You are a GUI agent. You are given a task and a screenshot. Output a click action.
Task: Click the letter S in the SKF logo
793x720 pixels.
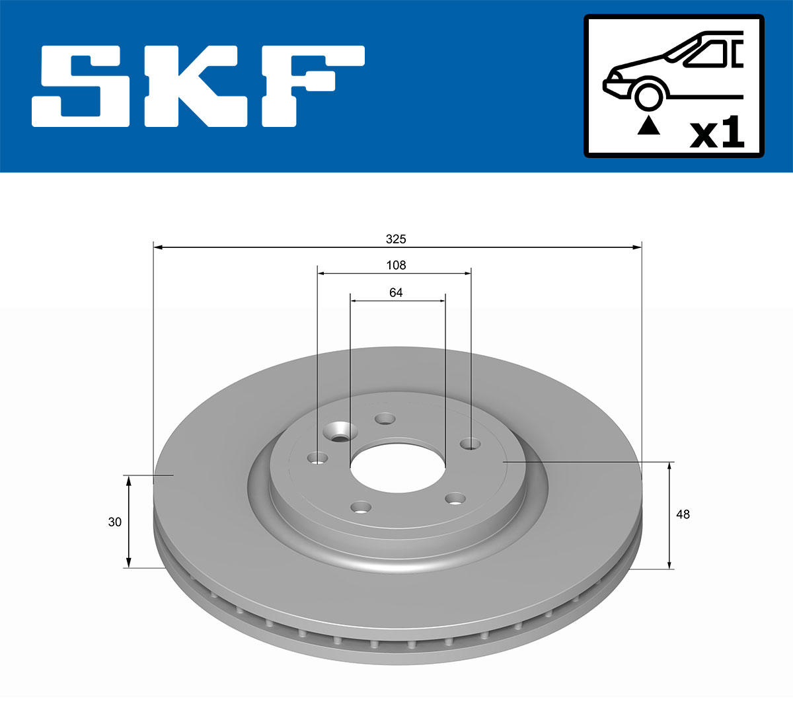[x=83, y=86]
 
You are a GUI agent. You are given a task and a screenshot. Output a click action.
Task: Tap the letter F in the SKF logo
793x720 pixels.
[x=311, y=86]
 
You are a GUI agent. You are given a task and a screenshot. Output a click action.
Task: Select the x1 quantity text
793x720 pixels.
[x=717, y=134]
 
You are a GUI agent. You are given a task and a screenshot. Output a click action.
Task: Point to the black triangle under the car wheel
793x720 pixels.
[x=648, y=125]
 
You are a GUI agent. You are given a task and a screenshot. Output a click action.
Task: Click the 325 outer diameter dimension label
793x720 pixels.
[x=396, y=239]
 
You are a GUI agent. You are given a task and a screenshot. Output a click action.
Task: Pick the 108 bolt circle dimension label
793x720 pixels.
[x=396, y=265]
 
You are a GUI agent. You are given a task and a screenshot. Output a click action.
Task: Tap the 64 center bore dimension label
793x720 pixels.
[x=396, y=292]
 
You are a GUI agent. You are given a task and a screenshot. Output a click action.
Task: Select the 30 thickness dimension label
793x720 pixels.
[x=115, y=522]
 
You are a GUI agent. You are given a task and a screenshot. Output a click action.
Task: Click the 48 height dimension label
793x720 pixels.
[x=683, y=514]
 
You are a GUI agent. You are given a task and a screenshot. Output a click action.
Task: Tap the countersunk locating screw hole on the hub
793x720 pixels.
[x=340, y=434]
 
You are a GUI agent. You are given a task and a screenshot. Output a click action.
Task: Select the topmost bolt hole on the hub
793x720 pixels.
[x=385, y=419]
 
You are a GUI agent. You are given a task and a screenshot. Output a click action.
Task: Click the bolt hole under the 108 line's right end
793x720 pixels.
[x=471, y=444]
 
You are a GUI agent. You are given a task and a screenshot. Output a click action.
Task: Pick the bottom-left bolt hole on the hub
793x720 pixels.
[x=360, y=508]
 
